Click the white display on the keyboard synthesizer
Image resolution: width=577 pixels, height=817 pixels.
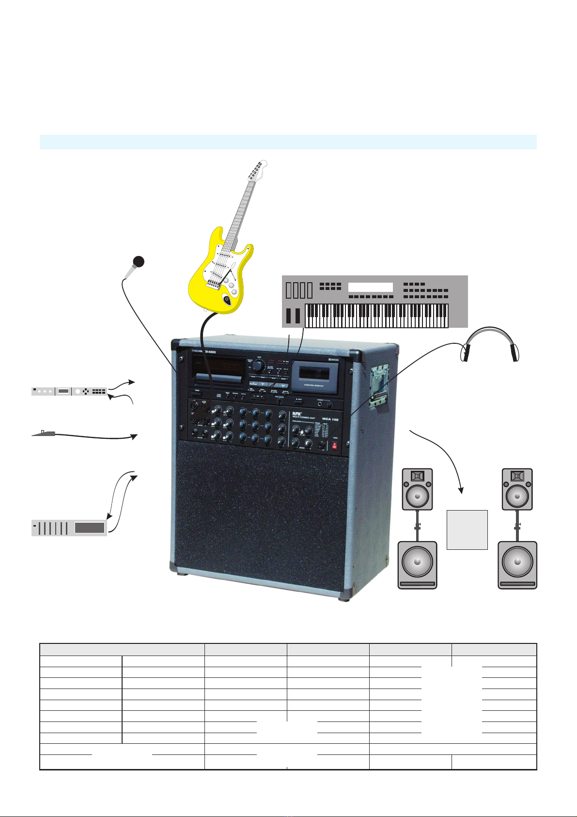click(x=370, y=287)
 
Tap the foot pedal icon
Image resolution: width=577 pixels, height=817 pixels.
click(x=44, y=433)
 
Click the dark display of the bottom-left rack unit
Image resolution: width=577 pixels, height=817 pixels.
click(x=90, y=528)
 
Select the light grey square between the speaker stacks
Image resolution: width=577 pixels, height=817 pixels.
click(x=467, y=529)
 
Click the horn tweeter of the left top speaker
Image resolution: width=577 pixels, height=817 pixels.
click(x=418, y=476)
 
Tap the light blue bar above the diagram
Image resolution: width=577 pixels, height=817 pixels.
click(x=288, y=142)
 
